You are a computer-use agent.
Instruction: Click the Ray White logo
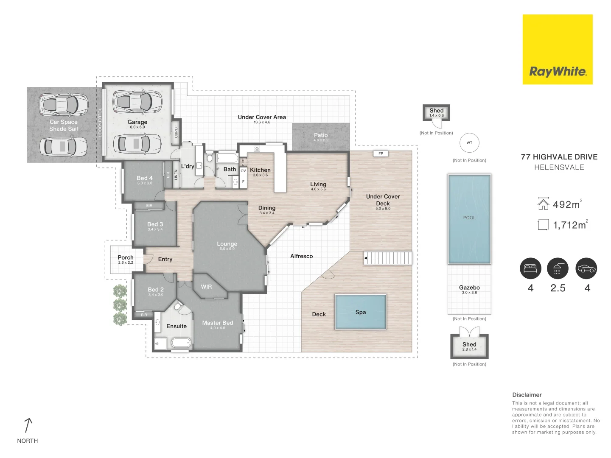coord(558,71)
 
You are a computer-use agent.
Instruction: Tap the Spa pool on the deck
coord(361,312)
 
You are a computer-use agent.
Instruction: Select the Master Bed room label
coord(217,323)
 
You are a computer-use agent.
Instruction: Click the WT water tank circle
coord(469,143)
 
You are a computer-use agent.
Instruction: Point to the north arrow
coord(28,425)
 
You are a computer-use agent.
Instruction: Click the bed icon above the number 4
coord(530,268)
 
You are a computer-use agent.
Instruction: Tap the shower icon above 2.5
coord(558,268)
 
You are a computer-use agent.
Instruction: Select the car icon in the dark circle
coord(586,268)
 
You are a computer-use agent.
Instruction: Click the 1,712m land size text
coord(569,225)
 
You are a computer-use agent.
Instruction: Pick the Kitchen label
coord(260,170)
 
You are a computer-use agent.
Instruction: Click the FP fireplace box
coord(381,154)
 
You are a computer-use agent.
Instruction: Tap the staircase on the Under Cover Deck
coord(388,258)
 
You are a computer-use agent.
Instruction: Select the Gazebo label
coord(469,288)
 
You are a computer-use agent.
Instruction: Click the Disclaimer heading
coord(527,395)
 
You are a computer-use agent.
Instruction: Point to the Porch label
coord(126,257)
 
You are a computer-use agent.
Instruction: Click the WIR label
coord(206,287)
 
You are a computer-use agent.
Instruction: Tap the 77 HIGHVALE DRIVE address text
coord(559,157)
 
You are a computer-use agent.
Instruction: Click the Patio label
coord(321,135)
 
